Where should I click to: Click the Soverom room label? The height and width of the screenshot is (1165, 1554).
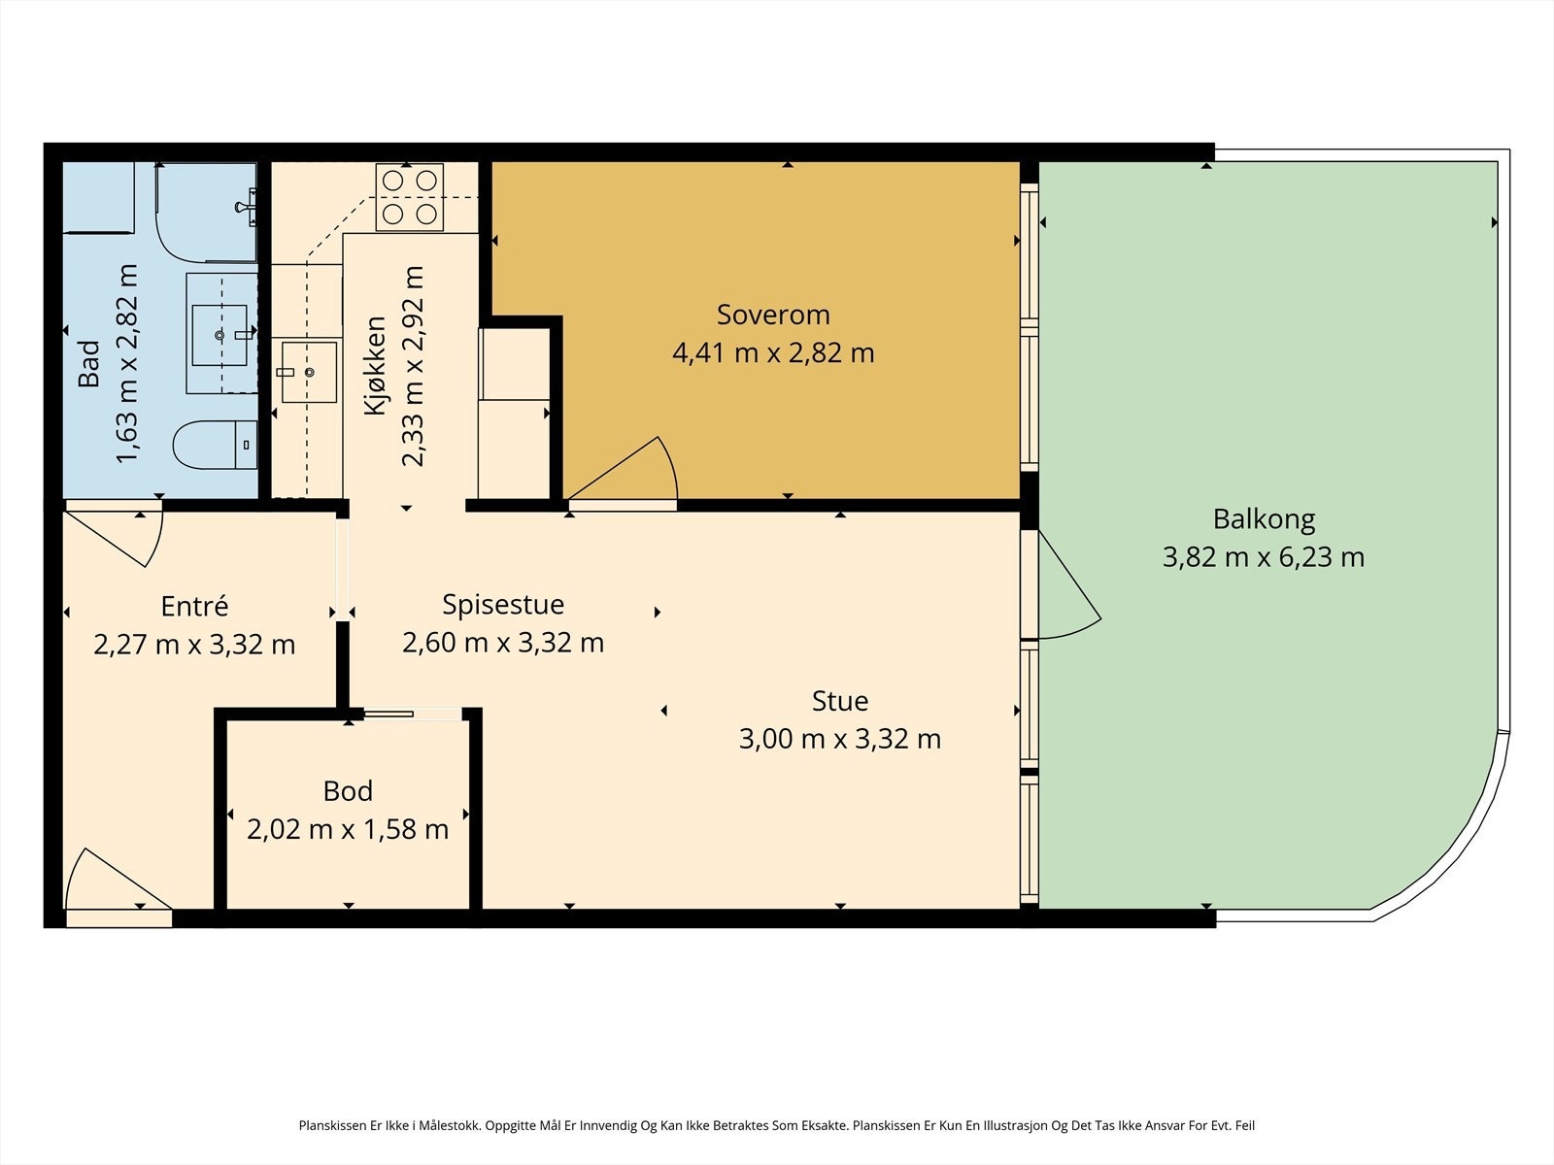click(773, 315)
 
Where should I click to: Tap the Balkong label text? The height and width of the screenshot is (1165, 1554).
click(1264, 520)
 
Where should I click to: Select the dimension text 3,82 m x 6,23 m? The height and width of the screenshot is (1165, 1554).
click(1264, 557)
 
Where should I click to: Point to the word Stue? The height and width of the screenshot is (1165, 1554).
click(840, 701)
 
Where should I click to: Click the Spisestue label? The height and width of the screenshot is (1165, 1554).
click(503, 605)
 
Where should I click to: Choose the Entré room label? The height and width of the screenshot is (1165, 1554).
click(194, 606)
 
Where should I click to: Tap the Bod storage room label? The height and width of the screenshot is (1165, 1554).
click(348, 791)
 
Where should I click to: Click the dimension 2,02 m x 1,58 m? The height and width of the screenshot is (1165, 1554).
click(348, 829)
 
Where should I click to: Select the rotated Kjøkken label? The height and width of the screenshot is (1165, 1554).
click(375, 366)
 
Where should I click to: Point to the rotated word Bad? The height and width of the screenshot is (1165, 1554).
click(89, 363)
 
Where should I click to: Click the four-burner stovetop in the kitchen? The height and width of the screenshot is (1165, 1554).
click(410, 197)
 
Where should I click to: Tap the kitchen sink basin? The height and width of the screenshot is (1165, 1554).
click(309, 372)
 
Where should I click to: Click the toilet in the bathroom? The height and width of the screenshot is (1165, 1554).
click(216, 445)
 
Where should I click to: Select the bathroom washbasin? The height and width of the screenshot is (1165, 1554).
click(220, 335)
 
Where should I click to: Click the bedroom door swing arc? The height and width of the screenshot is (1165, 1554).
click(670, 463)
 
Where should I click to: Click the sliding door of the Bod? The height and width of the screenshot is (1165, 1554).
click(388, 715)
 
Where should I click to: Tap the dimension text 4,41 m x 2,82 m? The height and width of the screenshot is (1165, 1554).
click(773, 353)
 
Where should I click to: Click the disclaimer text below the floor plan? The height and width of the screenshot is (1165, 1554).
click(777, 1125)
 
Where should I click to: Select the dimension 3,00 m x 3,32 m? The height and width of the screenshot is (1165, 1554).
click(840, 739)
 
